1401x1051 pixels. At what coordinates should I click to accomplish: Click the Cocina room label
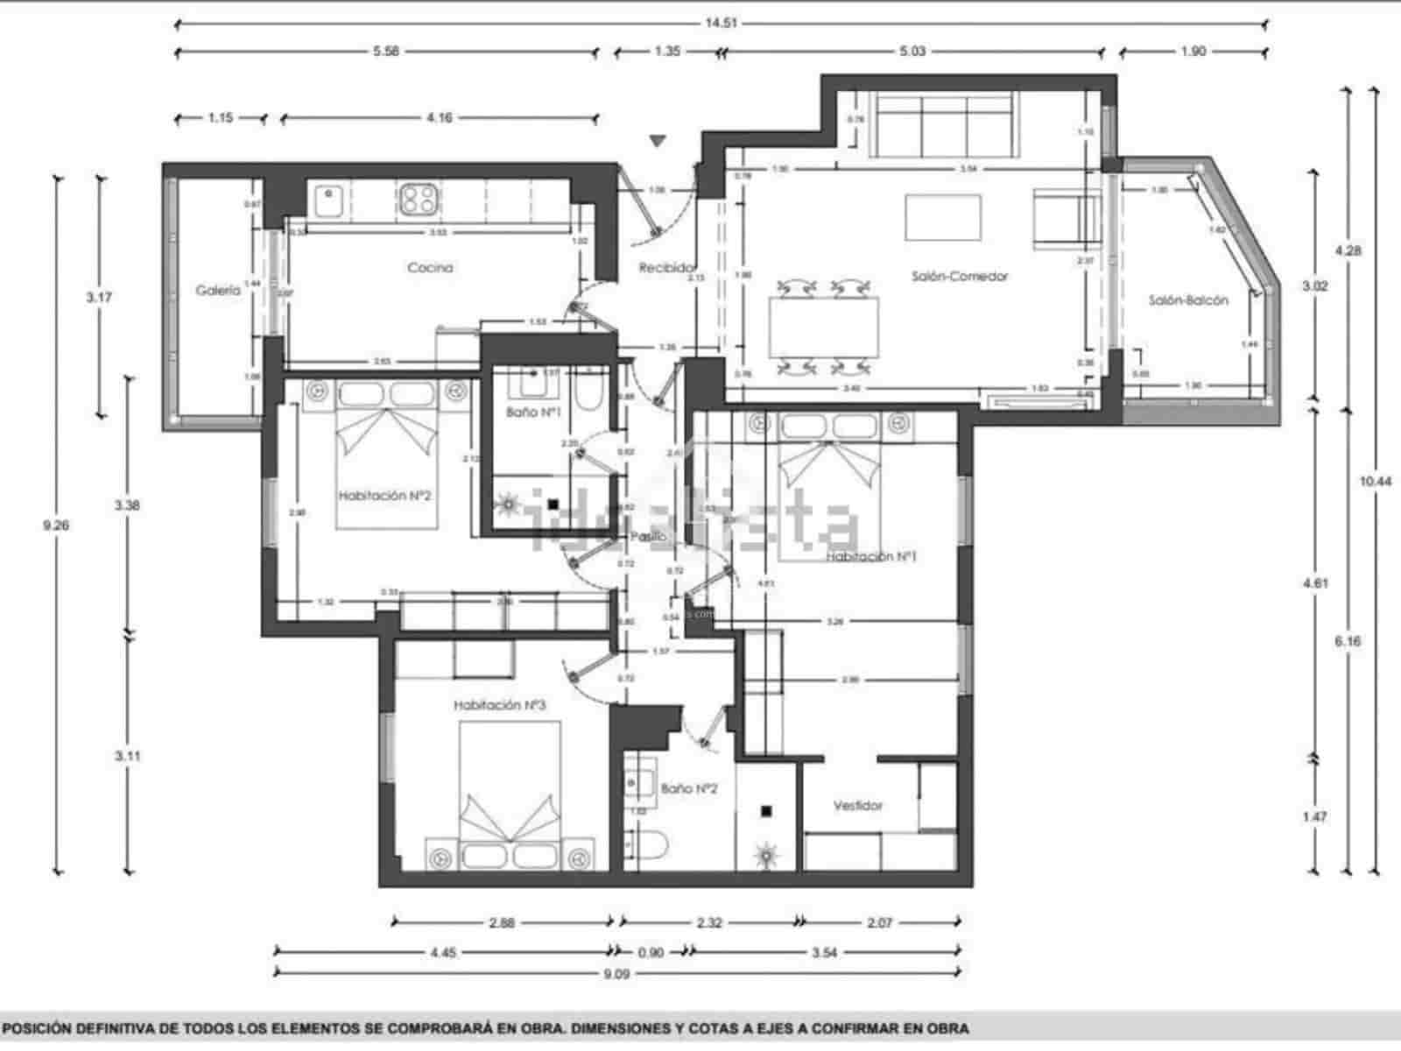pos(430,268)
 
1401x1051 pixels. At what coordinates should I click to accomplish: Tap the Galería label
pos(217,291)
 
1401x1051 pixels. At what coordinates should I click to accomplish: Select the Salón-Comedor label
pos(960,277)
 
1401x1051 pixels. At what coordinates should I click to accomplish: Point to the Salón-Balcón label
pos(1188,300)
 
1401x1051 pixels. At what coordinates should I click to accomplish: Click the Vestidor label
pos(858,806)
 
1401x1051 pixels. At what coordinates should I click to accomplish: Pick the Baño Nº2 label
pos(689,788)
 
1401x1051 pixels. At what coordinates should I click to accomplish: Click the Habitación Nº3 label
pos(500,705)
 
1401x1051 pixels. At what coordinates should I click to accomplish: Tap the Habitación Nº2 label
pos(385,496)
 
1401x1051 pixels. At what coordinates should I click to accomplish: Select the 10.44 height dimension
pos(1375,481)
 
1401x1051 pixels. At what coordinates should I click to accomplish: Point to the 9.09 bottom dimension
pos(616,972)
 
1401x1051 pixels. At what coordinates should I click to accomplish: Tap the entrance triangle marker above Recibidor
pos(658,141)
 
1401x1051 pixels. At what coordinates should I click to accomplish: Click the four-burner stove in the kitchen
pos(419,199)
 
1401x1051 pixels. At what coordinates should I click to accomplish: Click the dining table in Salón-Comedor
pos(824,327)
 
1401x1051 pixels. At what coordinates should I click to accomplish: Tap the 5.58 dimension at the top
pos(385,52)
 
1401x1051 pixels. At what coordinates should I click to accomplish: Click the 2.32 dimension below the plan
pos(709,922)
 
